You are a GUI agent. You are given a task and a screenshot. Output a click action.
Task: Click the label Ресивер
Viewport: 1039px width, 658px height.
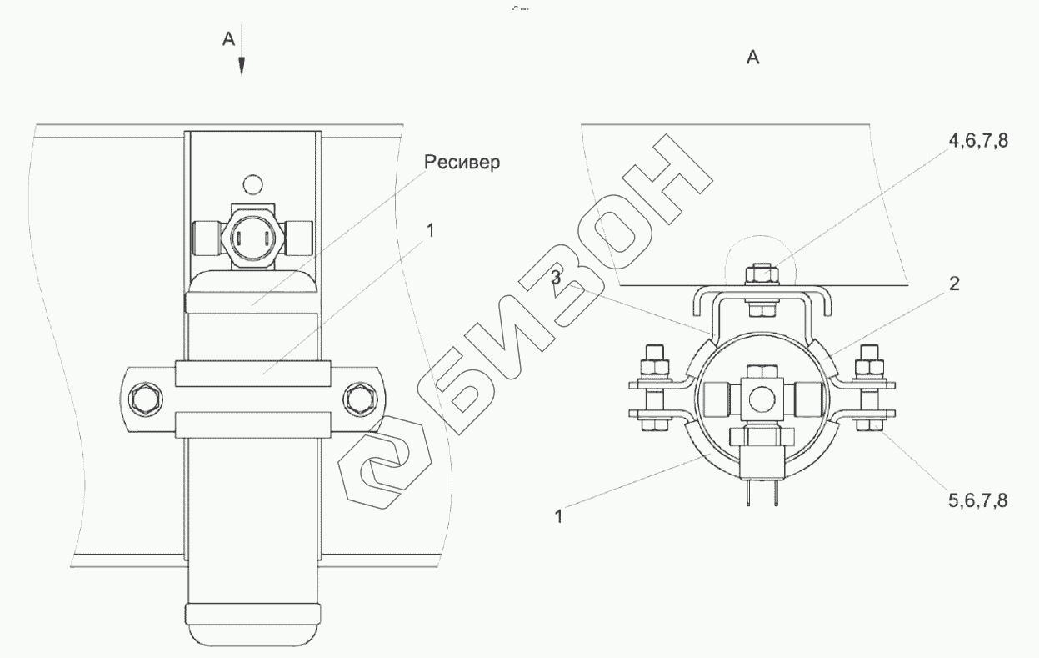tap(462, 163)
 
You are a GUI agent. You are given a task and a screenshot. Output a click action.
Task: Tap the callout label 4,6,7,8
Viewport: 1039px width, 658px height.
tap(978, 140)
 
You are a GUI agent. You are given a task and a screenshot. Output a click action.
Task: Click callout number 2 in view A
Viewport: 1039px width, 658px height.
tap(954, 284)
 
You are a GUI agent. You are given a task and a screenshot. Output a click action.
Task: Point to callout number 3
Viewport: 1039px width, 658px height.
tap(556, 278)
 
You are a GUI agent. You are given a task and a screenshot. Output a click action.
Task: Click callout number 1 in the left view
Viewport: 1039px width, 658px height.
tap(431, 231)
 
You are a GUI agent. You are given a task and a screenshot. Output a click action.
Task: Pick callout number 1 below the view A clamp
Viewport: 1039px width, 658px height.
tap(558, 516)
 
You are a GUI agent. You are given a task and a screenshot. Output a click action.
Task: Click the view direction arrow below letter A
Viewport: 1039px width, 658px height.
tap(241, 50)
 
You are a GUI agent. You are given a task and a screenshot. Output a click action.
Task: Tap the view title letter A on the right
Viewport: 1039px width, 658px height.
tap(753, 58)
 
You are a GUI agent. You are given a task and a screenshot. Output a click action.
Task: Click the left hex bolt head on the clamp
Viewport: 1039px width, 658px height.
tap(145, 399)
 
